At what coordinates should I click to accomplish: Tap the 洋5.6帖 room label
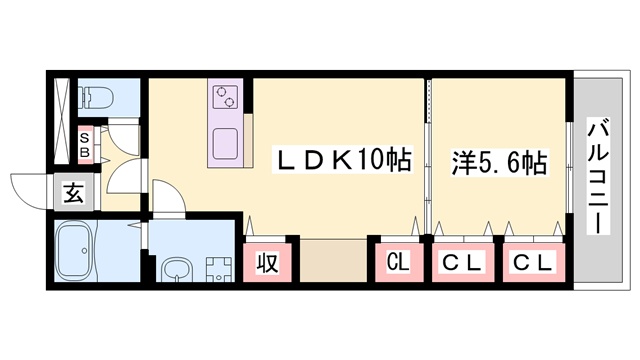[x=499, y=160]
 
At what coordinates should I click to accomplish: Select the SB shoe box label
[x=85, y=144]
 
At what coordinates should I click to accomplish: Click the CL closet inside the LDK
[x=398, y=264]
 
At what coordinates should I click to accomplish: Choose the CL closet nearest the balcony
[x=531, y=264]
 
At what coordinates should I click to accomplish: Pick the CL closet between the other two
[x=464, y=264]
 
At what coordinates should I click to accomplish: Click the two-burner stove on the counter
[x=223, y=97]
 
